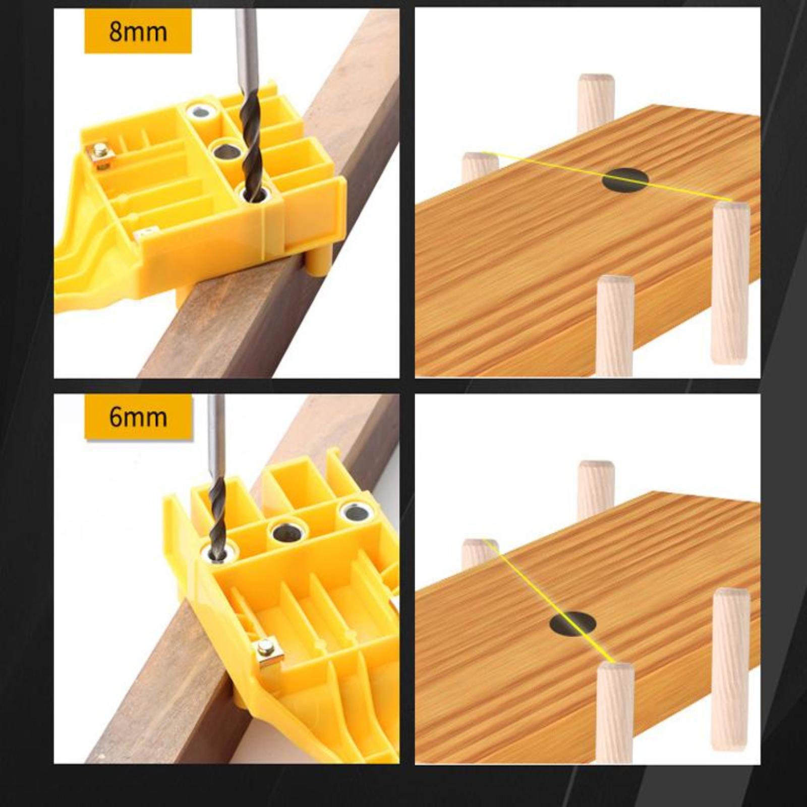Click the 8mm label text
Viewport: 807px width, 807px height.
(138, 32)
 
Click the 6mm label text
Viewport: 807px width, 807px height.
(138, 418)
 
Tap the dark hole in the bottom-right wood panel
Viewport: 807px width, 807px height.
(572, 623)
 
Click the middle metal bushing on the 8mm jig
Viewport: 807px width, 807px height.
(225, 151)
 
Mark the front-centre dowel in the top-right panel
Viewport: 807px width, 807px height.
(615, 326)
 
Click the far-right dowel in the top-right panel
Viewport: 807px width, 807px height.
(731, 283)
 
